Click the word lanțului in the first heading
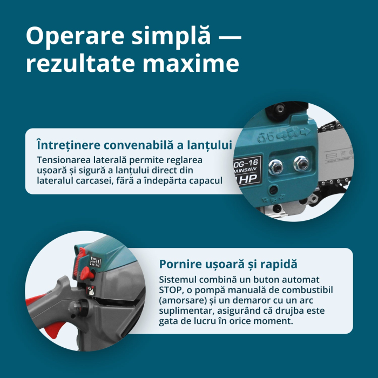pos(212,146)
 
